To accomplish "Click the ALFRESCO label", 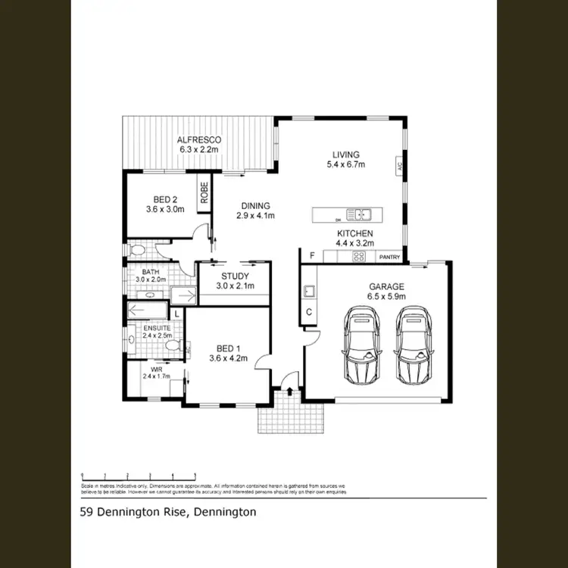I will [x=198, y=140].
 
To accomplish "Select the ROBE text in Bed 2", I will [x=204, y=194].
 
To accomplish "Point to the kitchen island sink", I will [x=357, y=214].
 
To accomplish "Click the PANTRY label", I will [x=389, y=257].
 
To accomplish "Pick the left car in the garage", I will [x=360, y=345].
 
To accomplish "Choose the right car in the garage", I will [x=414, y=345].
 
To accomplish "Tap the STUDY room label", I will [x=235, y=276].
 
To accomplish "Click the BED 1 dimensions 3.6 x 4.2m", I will [x=228, y=359].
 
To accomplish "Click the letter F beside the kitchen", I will [x=311, y=256].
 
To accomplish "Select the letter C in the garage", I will [x=309, y=311].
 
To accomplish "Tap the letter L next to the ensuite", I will [x=176, y=312].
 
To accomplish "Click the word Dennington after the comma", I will [x=225, y=512].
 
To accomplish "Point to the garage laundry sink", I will [x=309, y=290].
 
